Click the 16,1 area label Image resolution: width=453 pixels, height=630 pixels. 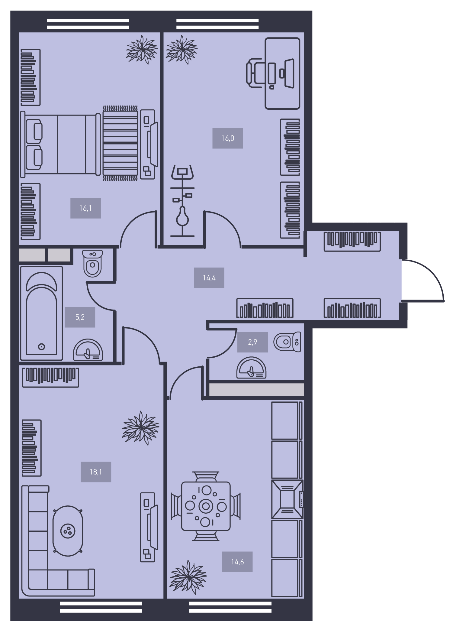(x=85, y=208)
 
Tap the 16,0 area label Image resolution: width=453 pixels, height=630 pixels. (x=228, y=138)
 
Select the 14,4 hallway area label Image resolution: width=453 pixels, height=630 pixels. (x=209, y=278)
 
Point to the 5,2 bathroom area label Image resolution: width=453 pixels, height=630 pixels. (x=80, y=317)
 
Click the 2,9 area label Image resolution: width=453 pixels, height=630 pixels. (x=252, y=342)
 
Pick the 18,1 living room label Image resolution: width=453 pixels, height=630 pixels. (x=96, y=472)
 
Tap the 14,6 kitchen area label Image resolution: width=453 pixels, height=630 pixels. (x=237, y=562)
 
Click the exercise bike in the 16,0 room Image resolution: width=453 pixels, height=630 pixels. (x=182, y=201)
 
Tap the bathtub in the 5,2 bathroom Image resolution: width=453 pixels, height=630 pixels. (x=41, y=313)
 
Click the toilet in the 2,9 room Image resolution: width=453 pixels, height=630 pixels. (x=287, y=342)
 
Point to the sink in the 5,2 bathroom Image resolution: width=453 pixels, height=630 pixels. (x=88, y=350)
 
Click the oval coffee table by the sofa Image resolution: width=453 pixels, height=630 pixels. (x=68, y=531)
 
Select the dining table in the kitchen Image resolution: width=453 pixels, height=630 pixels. (x=206, y=506)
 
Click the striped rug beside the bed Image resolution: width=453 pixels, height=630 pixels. (x=120, y=143)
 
